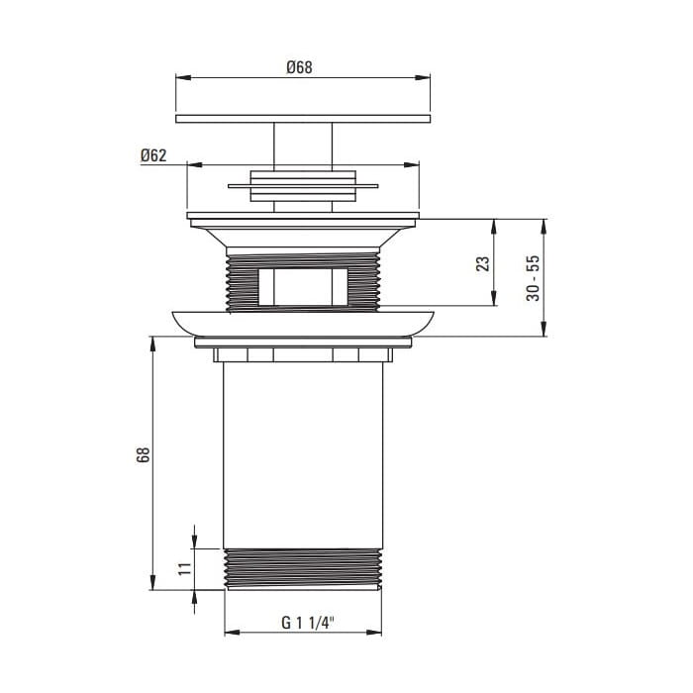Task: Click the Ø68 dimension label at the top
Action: click(299, 67)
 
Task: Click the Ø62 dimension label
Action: click(153, 155)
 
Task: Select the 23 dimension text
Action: click(483, 263)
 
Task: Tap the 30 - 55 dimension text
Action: click(534, 278)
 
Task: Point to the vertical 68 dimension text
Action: click(144, 454)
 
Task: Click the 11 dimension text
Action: click(185, 568)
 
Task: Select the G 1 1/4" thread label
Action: click(308, 623)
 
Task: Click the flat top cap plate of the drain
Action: click(303, 119)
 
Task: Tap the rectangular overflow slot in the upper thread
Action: click(303, 287)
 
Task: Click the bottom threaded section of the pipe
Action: click(303, 569)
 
